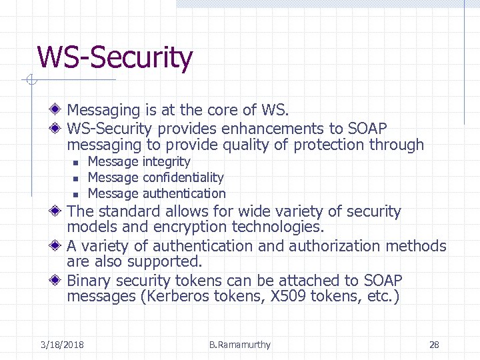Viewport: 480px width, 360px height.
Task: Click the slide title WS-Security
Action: click(115, 57)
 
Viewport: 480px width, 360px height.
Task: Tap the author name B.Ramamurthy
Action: click(239, 345)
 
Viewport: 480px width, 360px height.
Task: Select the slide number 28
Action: click(434, 345)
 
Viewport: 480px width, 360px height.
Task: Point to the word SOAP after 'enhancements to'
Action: click(367, 128)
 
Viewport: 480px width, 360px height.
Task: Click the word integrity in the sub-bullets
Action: click(167, 161)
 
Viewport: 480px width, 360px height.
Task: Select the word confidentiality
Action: click(183, 177)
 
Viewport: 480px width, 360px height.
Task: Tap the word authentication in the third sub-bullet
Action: click(184, 193)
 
